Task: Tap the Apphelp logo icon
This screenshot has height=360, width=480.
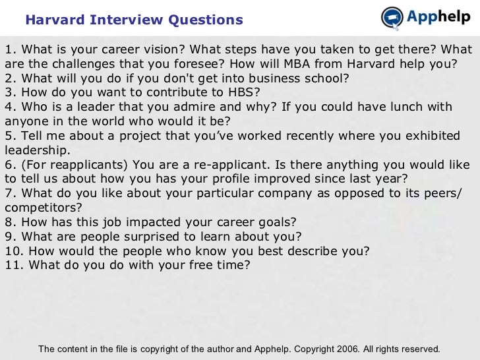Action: (393, 18)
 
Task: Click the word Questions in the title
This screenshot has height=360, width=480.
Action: (205, 20)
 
